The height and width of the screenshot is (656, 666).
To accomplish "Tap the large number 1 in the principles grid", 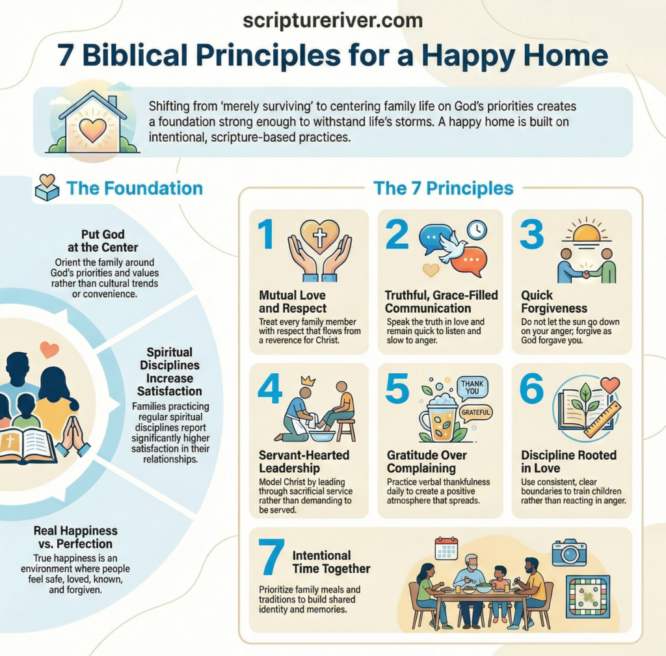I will click(266, 235).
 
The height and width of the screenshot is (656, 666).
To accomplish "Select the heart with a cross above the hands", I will click(320, 237).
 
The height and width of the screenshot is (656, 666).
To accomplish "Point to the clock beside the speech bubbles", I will click(477, 230).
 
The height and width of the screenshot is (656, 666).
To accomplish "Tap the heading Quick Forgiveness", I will click(554, 301).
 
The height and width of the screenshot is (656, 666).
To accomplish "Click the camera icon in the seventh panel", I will click(569, 553).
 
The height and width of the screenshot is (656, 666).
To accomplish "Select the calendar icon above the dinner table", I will click(446, 548).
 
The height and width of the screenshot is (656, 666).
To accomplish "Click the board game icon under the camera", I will click(587, 596).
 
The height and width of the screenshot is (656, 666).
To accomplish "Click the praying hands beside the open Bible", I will click(73, 437).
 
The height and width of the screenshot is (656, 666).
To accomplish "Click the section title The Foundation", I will click(134, 189).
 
